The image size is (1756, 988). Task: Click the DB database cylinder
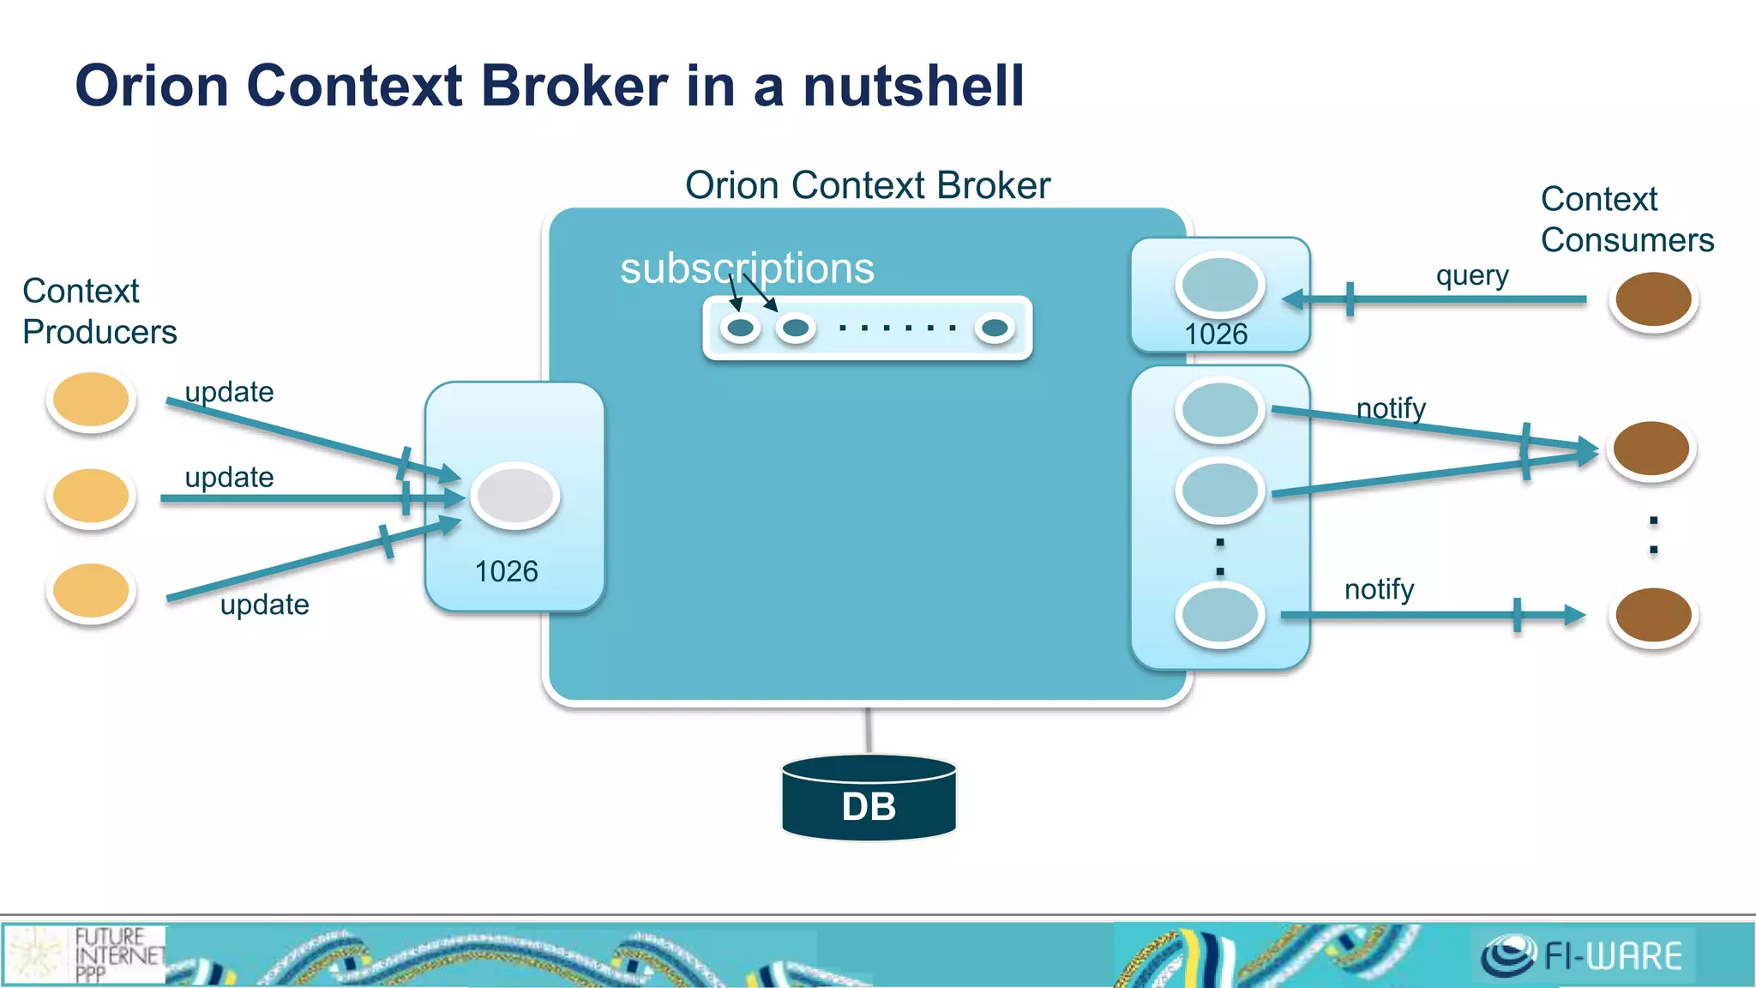coord(869,798)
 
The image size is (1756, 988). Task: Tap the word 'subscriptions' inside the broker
coord(747,268)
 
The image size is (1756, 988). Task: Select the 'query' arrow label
coord(1472,276)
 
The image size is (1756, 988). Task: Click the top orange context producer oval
coord(91,400)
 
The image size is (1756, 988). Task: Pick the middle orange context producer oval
coord(91,496)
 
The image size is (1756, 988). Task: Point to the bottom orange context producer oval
coord(91,591)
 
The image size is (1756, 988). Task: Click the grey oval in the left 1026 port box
coord(514,495)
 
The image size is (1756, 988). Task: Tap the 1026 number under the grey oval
coord(506,572)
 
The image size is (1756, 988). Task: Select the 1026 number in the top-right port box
coord(1216,334)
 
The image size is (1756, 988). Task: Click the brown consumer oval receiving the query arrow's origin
coord(1653,299)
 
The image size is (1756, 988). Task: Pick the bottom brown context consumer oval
coord(1653,614)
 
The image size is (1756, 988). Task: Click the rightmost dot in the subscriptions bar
coord(995,328)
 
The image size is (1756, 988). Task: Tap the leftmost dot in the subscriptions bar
coord(740,328)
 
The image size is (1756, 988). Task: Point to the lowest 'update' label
coord(264,605)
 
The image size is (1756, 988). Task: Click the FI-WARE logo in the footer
coord(1583,955)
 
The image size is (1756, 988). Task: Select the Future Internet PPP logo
coord(86,955)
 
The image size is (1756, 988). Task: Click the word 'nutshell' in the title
coord(913,86)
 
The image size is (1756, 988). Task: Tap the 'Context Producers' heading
coord(99,311)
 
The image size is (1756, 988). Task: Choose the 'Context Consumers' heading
coord(1627,220)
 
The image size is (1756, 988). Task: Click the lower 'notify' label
coord(1379,590)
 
